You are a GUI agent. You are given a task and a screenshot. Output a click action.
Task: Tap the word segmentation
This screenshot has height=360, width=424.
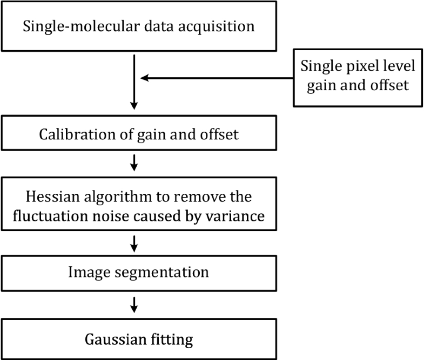(160, 271)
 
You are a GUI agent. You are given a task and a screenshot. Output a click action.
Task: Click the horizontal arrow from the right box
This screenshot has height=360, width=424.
(216, 78)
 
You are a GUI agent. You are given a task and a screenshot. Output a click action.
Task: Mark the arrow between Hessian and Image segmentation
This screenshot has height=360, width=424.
(134, 244)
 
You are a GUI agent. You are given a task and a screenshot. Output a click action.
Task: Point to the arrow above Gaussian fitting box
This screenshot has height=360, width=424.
(134, 305)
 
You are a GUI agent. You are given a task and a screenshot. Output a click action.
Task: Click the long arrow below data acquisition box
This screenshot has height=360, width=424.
(134, 81)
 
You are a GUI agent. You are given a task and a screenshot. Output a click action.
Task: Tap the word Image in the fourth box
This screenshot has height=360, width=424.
(84, 271)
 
